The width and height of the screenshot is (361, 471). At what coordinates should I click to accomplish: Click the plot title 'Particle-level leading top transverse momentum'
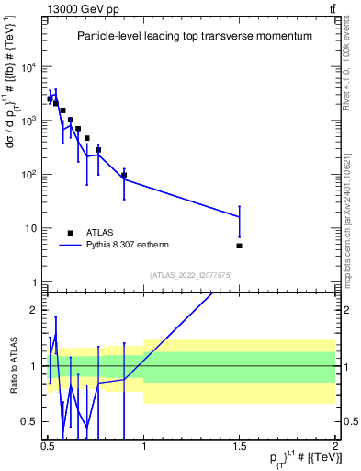193,36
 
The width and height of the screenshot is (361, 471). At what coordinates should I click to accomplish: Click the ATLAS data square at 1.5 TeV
239,246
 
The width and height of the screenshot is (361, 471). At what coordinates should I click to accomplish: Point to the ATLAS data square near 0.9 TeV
124,175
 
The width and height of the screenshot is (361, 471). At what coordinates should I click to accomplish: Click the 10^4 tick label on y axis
28,67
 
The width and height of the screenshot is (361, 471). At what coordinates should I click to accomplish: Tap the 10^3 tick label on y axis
28,121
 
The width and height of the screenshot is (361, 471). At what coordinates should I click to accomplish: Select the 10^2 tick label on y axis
28,175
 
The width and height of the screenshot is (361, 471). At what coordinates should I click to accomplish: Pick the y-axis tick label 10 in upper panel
29,228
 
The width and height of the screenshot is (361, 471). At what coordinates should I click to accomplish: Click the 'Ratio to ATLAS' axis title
12,365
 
